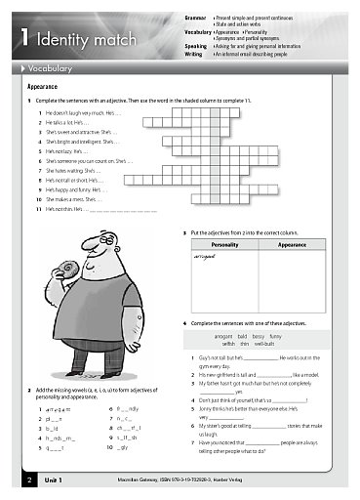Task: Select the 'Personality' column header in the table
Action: coord(224,246)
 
